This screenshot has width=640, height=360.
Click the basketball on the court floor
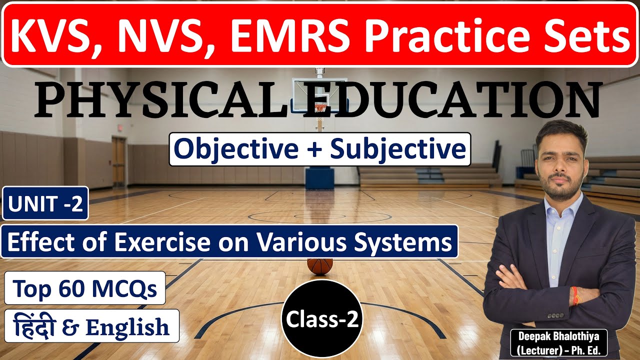pyautogui.click(x=320, y=265)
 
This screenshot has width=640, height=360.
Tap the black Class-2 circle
pyautogui.click(x=322, y=320)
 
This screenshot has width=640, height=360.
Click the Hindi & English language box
pyautogui.click(x=91, y=326)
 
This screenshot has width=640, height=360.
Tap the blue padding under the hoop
pyautogui.click(x=319, y=178)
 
